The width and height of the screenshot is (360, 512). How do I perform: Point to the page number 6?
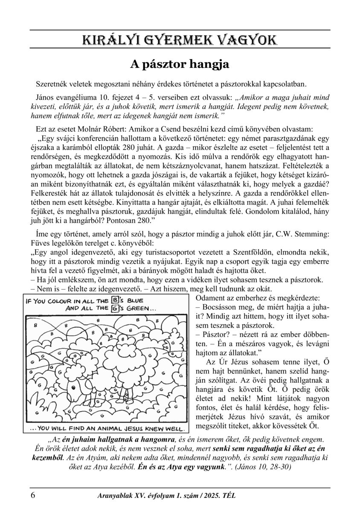tap(33, 496)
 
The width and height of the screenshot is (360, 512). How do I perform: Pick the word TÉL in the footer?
tap(229, 496)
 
